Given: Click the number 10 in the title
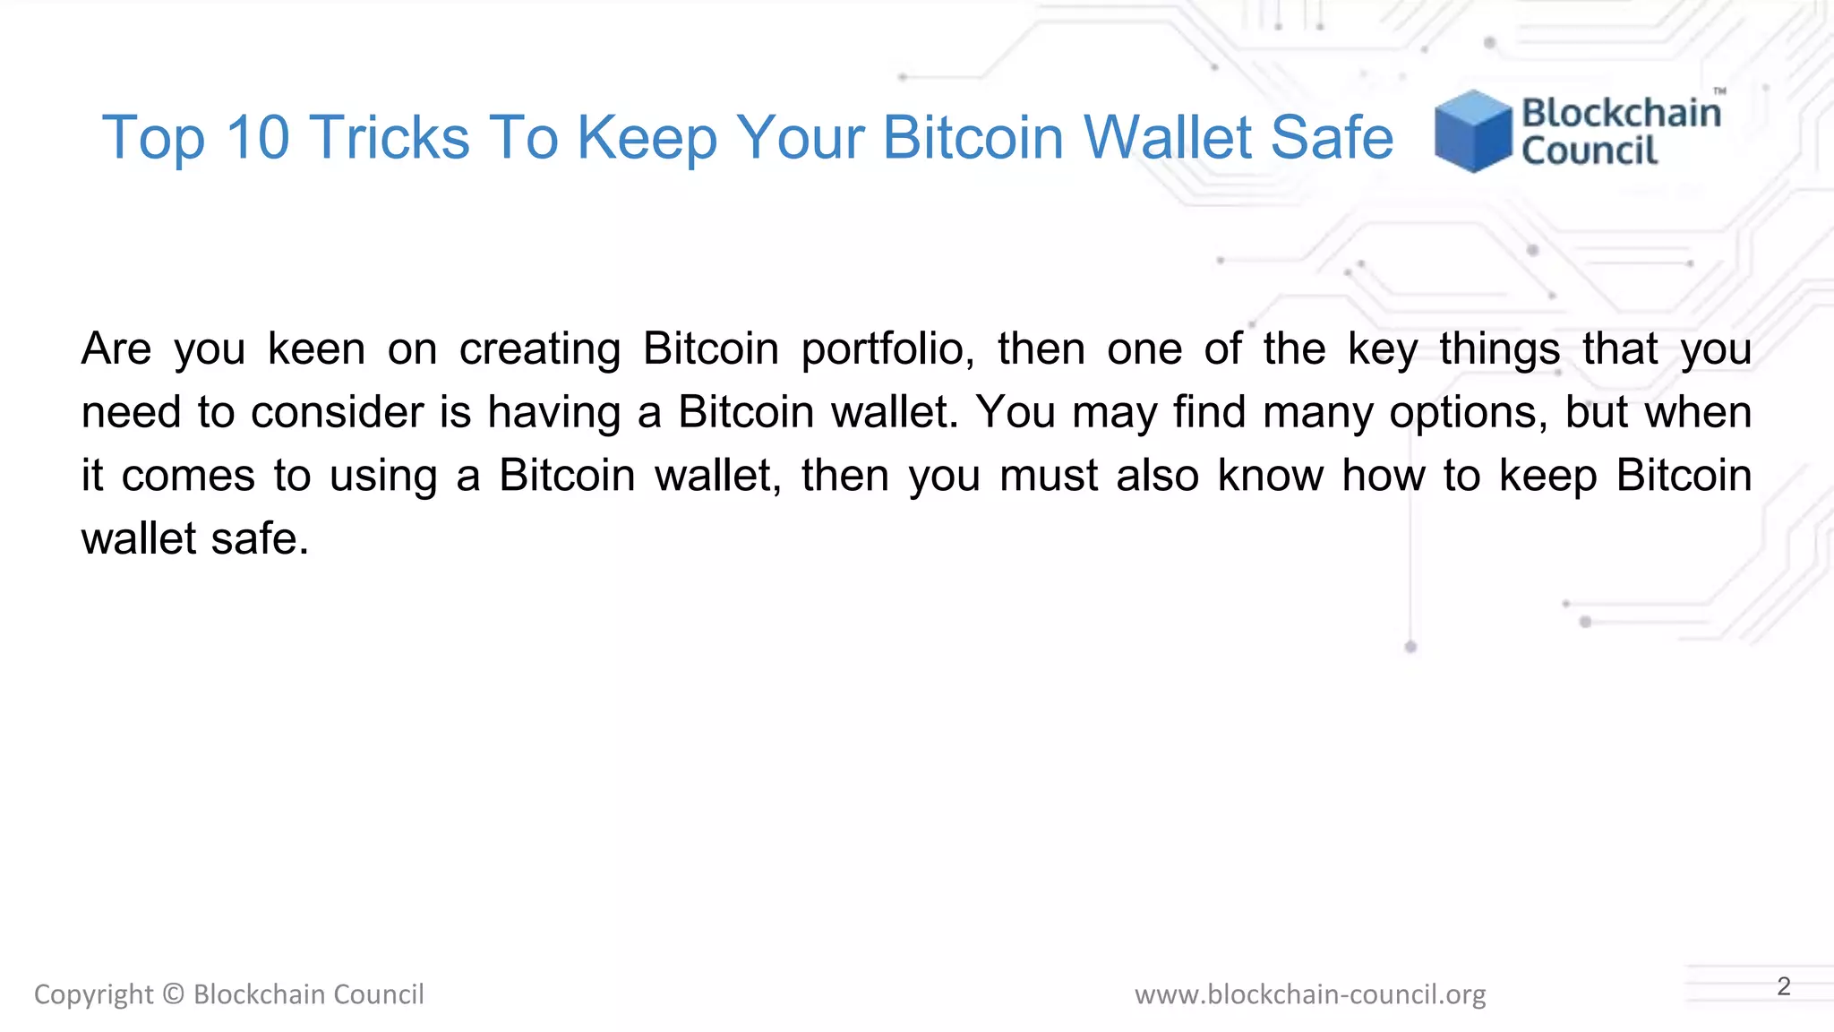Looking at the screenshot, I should (258, 138).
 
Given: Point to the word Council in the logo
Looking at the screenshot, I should (1590, 150).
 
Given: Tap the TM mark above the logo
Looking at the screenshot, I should (1719, 91).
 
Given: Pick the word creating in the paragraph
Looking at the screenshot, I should (540, 349).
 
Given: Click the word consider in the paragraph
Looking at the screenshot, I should (338, 412).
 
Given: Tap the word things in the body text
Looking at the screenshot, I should (1500, 349).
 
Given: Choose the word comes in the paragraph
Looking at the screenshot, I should (188, 476).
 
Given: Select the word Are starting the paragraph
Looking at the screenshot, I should (116, 349).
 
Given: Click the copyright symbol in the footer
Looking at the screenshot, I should (174, 994).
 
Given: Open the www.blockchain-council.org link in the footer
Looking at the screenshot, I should (1310, 994).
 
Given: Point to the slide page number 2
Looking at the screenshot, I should (1784, 986).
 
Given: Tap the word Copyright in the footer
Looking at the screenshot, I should (93, 994).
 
